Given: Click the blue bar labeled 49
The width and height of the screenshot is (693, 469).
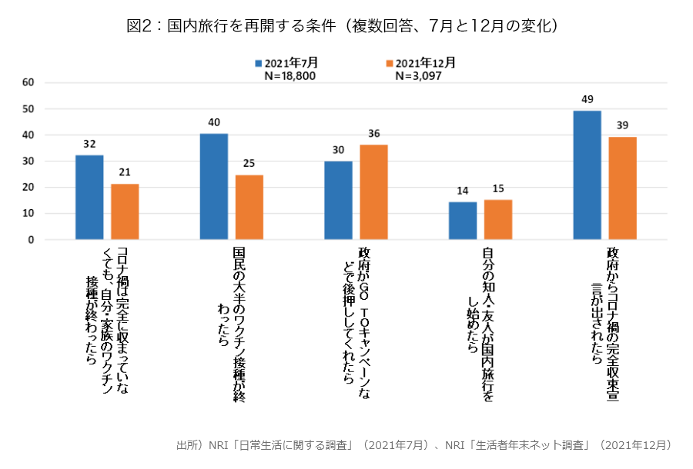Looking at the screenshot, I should point(588,175).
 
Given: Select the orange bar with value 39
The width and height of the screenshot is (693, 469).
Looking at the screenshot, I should point(622,188).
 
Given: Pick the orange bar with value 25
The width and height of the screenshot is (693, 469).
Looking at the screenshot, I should point(249,207).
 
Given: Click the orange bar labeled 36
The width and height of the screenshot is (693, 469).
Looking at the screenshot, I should point(374,192).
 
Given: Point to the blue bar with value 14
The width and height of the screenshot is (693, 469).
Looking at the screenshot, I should point(463,221).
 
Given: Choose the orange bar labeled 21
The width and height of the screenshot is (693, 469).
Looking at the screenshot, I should point(125,211).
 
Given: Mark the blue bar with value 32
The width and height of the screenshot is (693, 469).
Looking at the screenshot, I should point(89,198).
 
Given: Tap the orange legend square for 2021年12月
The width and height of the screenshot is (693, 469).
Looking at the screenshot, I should point(390,63).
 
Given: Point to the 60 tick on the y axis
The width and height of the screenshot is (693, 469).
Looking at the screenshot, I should point(28,82).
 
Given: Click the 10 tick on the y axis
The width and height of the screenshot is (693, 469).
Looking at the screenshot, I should point(28,214).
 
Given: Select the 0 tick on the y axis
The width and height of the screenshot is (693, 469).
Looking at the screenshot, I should point(31,240).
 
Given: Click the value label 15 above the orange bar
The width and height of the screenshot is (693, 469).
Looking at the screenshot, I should point(497,189).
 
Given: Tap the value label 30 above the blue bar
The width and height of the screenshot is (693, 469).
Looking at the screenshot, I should point(339,150).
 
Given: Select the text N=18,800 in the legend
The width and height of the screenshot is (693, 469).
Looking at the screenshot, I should point(290,75).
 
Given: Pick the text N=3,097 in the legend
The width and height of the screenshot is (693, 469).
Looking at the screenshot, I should point(418,75).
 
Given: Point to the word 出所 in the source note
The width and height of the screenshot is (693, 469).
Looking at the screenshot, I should point(187,445).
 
